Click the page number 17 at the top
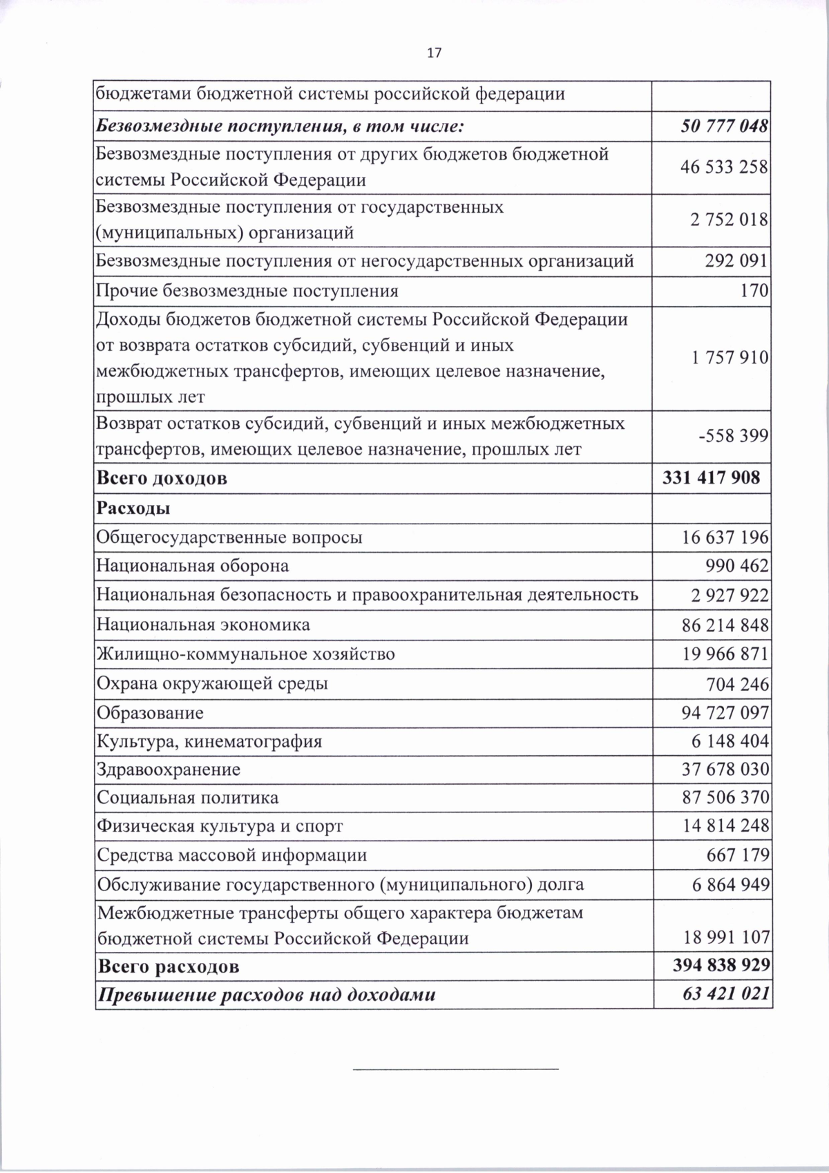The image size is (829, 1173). pyautogui.click(x=434, y=53)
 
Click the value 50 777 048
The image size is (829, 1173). pyautogui.click(x=725, y=127)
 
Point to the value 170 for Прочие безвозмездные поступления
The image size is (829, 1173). pyautogui.click(x=754, y=291)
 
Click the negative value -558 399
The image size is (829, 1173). pyautogui.click(x=733, y=436)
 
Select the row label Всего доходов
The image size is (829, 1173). pyautogui.click(x=162, y=478)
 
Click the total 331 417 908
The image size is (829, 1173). pyautogui.click(x=711, y=477)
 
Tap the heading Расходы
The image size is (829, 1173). pyautogui.click(x=133, y=508)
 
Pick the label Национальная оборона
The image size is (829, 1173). pyautogui.click(x=193, y=566)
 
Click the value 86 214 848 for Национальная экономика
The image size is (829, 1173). pyautogui.click(x=725, y=625)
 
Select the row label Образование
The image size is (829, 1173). pyautogui.click(x=150, y=712)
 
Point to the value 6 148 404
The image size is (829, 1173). pyautogui.click(x=730, y=741)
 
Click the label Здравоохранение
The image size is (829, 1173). pyautogui.click(x=169, y=770)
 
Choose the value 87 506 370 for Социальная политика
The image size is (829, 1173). pyautogui.click(x=725, y=798)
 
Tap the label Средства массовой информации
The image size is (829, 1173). pyautogui.click(x=231, y=855)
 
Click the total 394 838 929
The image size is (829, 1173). pyautogui.click(x=721, y=965)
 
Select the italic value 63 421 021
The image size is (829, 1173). pyautogui.click(x=724, y=995)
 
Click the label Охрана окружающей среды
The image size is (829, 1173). pyautogui.click(x=212, y=684)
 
